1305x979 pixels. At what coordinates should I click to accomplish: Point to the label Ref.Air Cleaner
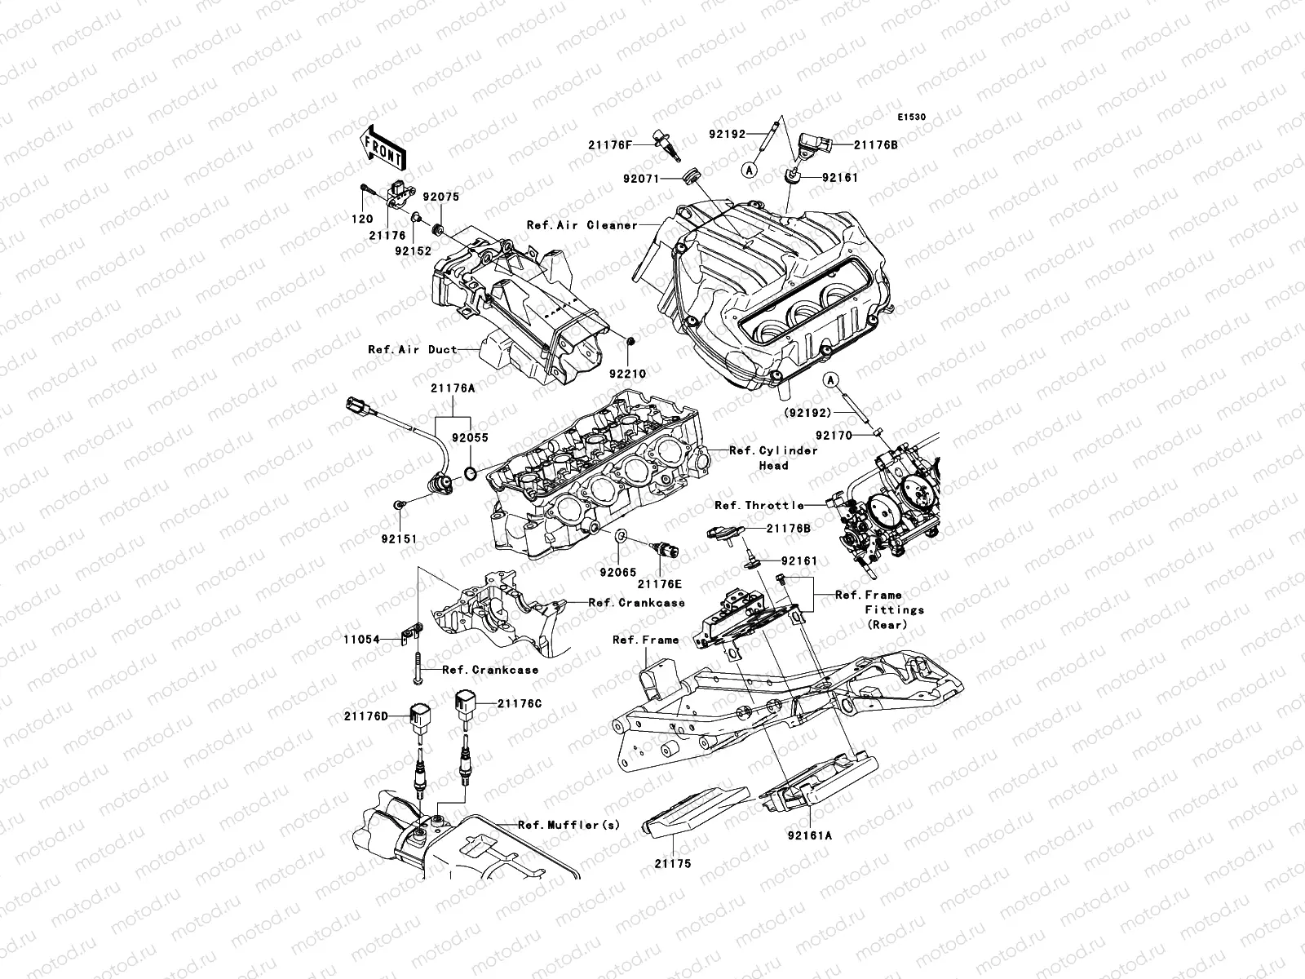pyautogui.click(x=582, y=225)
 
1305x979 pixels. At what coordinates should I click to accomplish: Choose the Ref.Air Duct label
pyautogui.click(x=412, y=349)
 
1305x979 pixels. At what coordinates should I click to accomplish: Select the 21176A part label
pyautogui.click(x=453, y=389)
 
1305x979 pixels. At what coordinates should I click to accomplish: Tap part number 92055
pyautogui.click(x=471, y=438)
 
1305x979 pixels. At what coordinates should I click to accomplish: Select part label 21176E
pyautogui.click(x=659, y=583)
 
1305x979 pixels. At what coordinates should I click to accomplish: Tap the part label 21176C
pyautogui.click(x=519, y=702)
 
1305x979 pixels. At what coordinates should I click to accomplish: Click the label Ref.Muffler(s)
pyautogui.click(x=568, y=825)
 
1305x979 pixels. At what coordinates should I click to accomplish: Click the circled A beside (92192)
pyautogui.click(x=830, y=379)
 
